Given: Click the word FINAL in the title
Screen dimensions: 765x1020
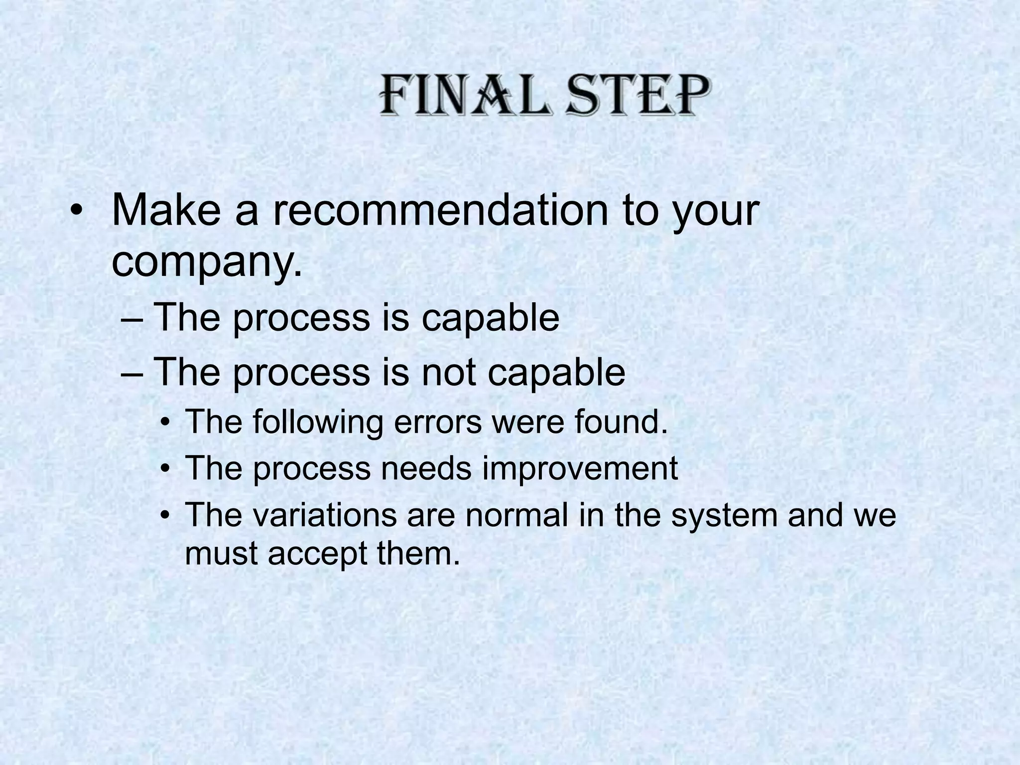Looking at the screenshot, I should click(466, 96).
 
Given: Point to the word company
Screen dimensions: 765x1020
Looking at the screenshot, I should click(206, 262).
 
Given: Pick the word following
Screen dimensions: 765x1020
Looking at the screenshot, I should click(317, 422).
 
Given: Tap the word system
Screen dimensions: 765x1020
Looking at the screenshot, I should click(724, 515).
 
